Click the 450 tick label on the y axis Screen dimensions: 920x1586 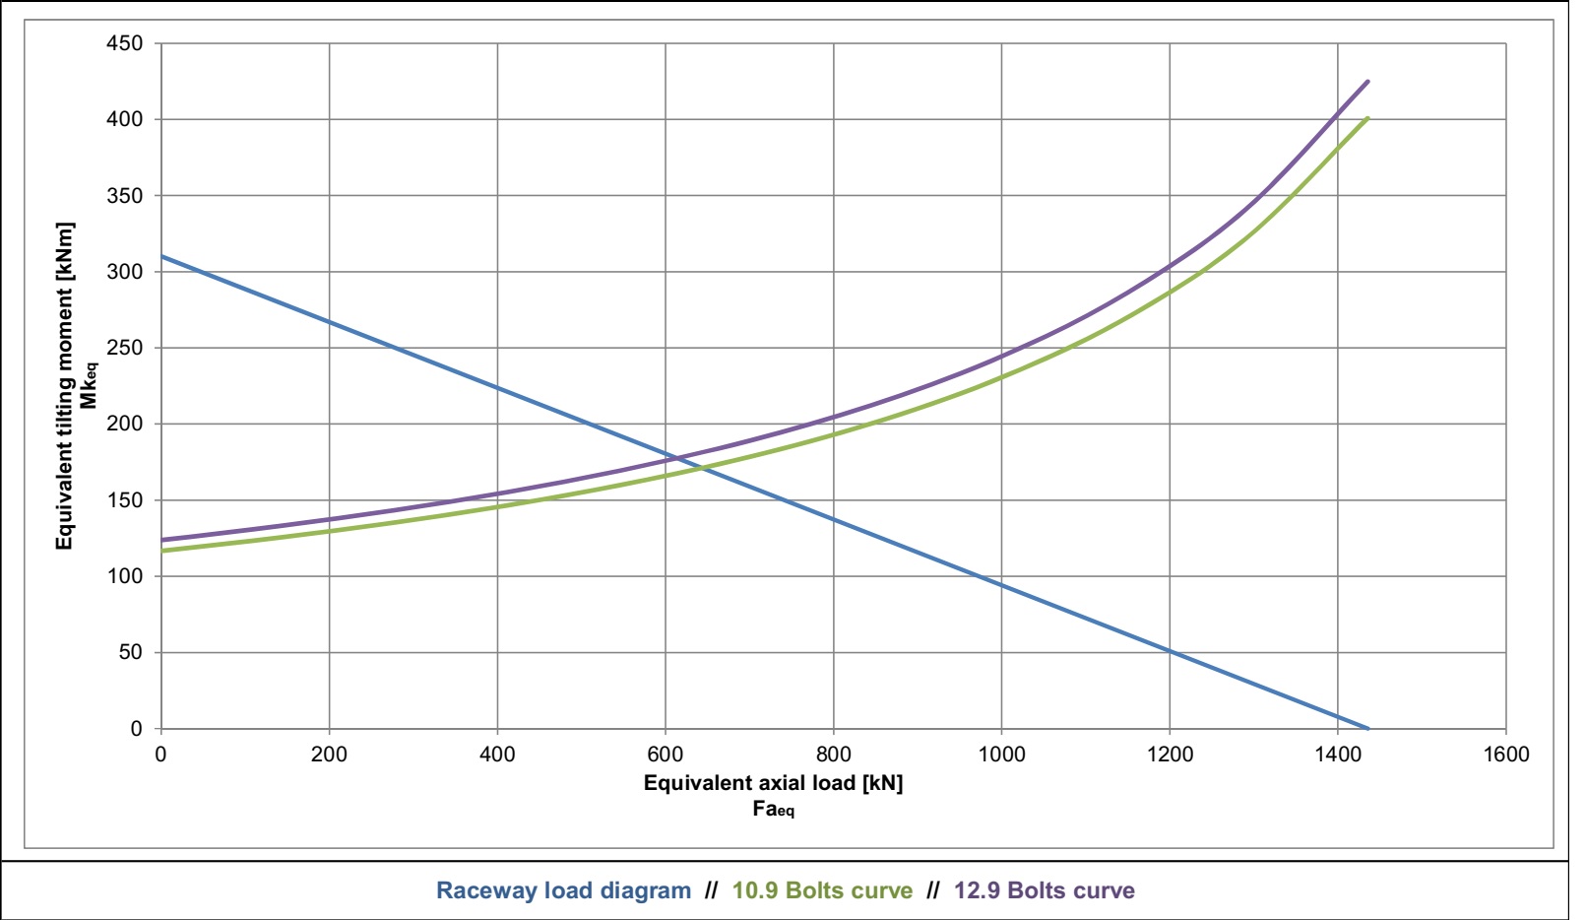[x=125, y=43]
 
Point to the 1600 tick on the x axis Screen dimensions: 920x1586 [x=1506, y=755]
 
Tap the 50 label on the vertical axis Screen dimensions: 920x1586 [x=131, y=652]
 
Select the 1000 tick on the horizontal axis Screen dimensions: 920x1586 [x=1001, y=755]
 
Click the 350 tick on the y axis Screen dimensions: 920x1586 [x=125, y=196]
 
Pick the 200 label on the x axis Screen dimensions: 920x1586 [x=329, y=755]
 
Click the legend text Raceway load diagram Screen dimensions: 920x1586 [x=563, y=890]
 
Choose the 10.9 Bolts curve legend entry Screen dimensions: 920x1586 [x=822, y=890]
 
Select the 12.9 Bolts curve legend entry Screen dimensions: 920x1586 [x=1044, y=890]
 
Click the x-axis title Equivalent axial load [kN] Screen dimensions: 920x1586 [x=773, y=783]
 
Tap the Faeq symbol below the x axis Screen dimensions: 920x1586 [x=773, y=810]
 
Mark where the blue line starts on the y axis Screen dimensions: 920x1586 [x=161, y=256]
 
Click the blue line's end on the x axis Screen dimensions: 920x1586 [x=1368, y=729]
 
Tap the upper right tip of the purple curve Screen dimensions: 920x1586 [x=1368, y=81]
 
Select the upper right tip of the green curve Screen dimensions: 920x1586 [x=1368, y=118]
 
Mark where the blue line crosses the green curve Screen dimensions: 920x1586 [x=703, y=468]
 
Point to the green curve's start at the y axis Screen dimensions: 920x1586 [x=161, y=551]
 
